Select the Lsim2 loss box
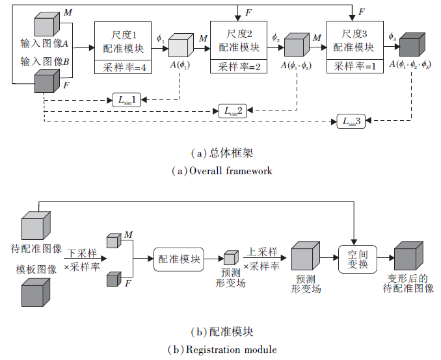click(232, 110)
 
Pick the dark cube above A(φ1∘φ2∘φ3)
click(410, 45)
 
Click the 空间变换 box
click(358, 258)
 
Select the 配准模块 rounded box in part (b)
click(178, 258)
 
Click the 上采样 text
click(261, 252)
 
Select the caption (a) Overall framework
click(220, 171)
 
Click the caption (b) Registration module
click(220, 350)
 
